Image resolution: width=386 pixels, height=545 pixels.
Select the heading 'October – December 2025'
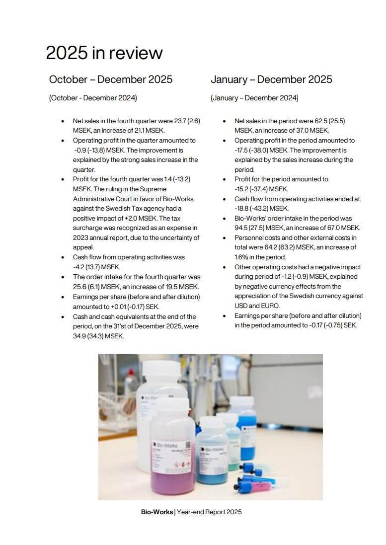click(x=111, y=79)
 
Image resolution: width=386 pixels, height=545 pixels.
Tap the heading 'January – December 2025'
click(x=271, y=79)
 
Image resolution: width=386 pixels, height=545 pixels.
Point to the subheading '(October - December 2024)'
click(x=93, y=98)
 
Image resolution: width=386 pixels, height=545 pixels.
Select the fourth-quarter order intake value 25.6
click(x=81, y=287)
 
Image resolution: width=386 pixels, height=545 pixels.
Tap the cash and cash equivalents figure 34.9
click(x=81, y=336)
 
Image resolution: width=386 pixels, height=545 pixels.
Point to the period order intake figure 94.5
click(x=243, y=228)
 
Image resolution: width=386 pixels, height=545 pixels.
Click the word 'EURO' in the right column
click(x=269, y=306)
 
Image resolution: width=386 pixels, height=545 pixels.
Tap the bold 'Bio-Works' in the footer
click(x=157, y=512)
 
